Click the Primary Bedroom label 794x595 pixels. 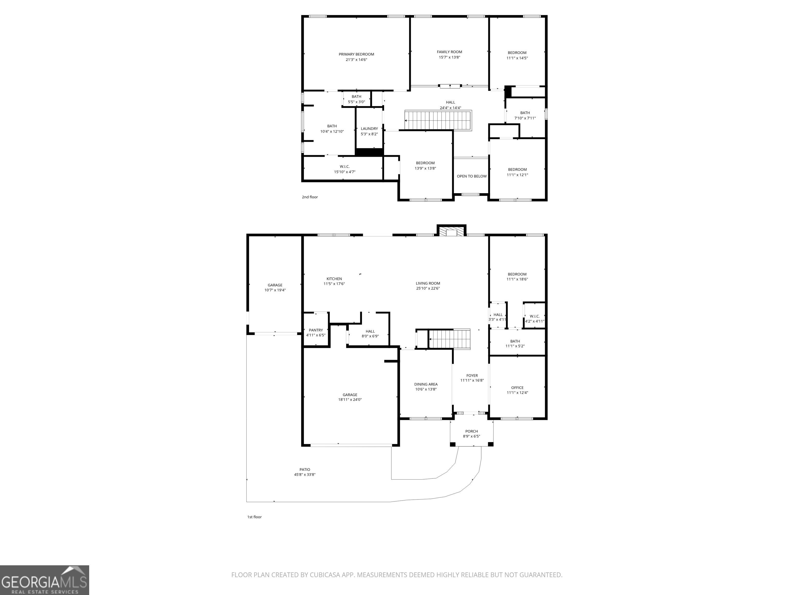tap(356, 54)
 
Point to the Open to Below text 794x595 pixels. tap(472, 176)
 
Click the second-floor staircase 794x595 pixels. tap(438, 120)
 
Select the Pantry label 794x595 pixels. tap(316, 330)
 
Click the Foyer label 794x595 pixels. tap(472, 376)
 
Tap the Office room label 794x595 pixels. tap(517, 388)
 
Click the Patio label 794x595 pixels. tap(305, 469)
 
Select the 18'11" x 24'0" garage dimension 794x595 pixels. tap(350, 400)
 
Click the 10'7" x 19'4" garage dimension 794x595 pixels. tap(275, 290)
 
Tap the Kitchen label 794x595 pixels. tap(334, 279)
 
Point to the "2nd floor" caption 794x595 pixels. tap(310, 197)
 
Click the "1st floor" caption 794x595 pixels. tap(255, 517)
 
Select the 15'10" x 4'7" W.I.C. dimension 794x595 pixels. tap(345, 172)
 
